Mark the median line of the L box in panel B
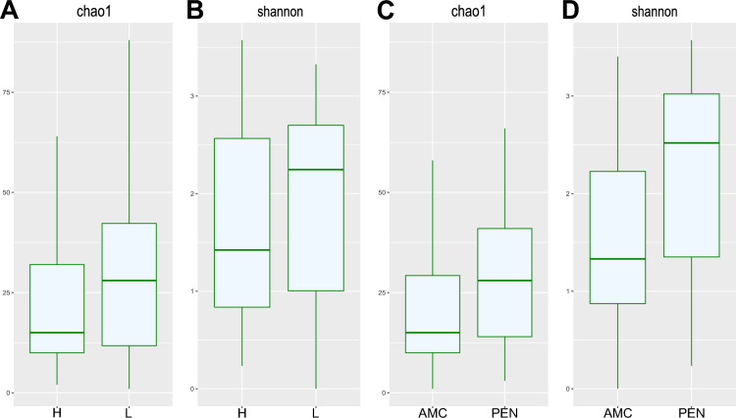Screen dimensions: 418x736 (316, 170)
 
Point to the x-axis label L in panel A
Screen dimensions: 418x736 (130, 407)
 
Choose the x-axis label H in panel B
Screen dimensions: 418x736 (241, 407)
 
